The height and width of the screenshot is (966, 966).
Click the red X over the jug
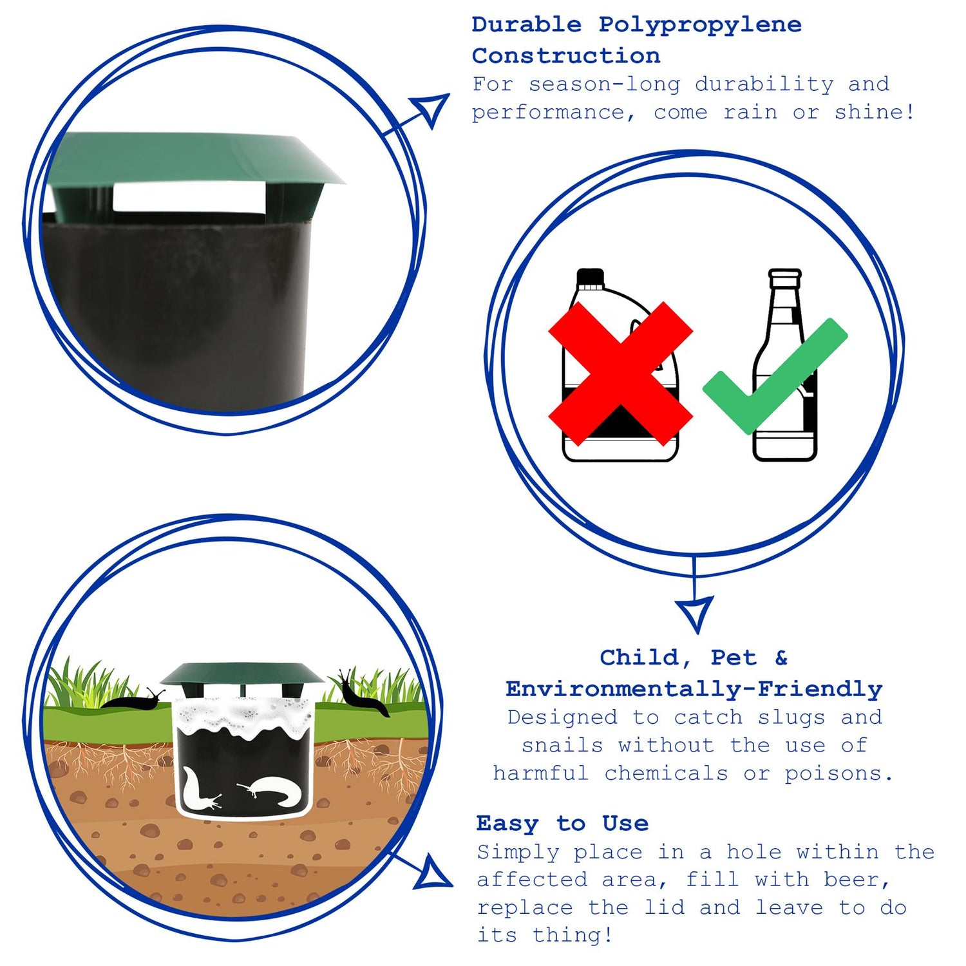620,374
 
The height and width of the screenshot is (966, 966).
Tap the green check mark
775,376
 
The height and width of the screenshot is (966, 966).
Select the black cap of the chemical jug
591,278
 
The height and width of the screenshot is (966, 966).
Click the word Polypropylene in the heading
700,25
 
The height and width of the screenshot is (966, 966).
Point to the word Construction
566,55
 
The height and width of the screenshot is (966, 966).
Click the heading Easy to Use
562,823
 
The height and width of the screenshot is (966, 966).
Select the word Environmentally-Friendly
694,689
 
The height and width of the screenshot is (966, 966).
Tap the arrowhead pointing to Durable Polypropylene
431,109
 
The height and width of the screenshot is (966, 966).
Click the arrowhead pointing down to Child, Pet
694,612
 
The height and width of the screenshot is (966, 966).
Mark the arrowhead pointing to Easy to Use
433,873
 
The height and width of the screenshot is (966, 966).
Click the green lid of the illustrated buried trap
242,674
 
